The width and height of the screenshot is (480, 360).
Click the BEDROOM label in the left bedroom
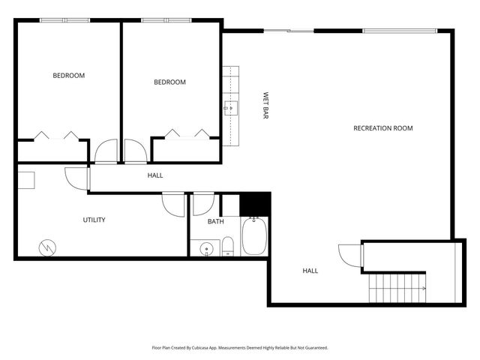(68, 75)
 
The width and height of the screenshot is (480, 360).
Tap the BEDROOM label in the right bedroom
(169, 82)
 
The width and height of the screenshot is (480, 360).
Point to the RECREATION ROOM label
(382, 128)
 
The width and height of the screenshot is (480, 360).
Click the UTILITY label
(94, 220)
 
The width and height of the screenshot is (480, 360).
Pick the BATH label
(216, 221)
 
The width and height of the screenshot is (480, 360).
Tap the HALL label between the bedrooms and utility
(155, 175)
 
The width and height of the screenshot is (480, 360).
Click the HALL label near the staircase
(310, 271)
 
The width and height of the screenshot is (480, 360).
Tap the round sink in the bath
(205, 247)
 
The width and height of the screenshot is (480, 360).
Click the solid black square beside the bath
(255, 203)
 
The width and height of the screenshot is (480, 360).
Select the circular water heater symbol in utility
(46, 246)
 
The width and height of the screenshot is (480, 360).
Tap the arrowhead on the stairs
(424, 289)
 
